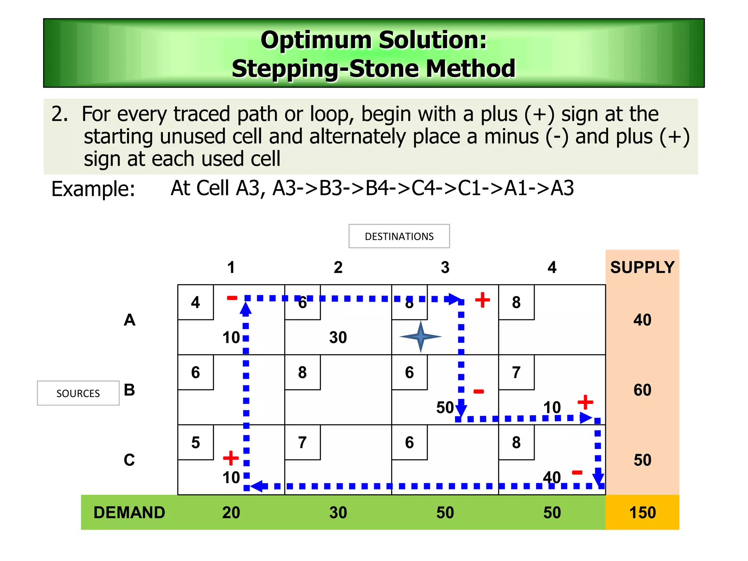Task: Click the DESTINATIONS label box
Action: tap(399, 236)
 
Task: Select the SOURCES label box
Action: tap(78, 393)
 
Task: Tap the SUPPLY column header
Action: tap(642, 267)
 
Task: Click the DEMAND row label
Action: tap(129, 512)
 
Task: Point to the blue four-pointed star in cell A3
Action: tap(420, 336)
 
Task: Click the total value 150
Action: tap(642, 512)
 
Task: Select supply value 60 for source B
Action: tap(642, 390)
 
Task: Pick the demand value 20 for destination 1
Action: tap(231, 512)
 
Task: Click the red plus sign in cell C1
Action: tap(230, 458)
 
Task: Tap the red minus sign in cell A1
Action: tap(232, 298)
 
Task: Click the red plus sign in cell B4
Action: tap(585, 402)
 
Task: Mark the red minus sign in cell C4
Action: tap(577, 473)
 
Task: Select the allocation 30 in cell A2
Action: tap(338, 337)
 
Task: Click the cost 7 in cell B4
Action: tap(516, 373)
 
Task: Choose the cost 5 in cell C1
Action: tap(195, 443)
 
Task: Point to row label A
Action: tap(129, 320)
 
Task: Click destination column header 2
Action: tap(338, 267)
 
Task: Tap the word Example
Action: tap(93, 189)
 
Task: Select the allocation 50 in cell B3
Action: tap(444, 408)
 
